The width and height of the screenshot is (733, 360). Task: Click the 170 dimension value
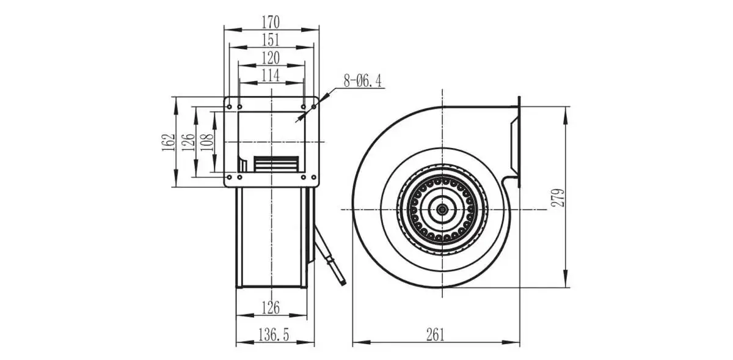(x=271, y=22)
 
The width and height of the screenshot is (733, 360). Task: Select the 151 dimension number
(x=271, y=40)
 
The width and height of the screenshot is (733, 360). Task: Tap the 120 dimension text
(x=271, y=58)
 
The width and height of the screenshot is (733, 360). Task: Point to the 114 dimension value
(x=271, y=75)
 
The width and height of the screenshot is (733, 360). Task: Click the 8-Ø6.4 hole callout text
(x=363, y=81)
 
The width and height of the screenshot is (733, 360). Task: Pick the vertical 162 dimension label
(x=168, y=142)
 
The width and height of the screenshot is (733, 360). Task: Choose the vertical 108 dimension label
(x=207, y=142)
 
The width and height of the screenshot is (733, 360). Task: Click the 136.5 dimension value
(x=274, y=335)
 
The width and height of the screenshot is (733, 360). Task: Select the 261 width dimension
(x=436, y=335)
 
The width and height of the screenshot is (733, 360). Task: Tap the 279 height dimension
(x=558, y=197)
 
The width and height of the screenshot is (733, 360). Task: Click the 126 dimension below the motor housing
(x=271, y=307)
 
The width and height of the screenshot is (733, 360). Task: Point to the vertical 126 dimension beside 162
(x=188, y=142)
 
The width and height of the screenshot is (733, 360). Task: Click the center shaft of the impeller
(x=442, y=209)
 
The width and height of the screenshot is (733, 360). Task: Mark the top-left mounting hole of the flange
(x=230, y=107)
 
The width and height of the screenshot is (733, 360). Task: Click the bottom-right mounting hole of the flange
(x=314, y=177)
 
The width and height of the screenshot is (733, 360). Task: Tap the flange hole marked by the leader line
(x=314, y=107)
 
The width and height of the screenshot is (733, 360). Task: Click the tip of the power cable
(x=344, y=284)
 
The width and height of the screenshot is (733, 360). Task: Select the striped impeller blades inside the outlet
(x=277, y=164)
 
